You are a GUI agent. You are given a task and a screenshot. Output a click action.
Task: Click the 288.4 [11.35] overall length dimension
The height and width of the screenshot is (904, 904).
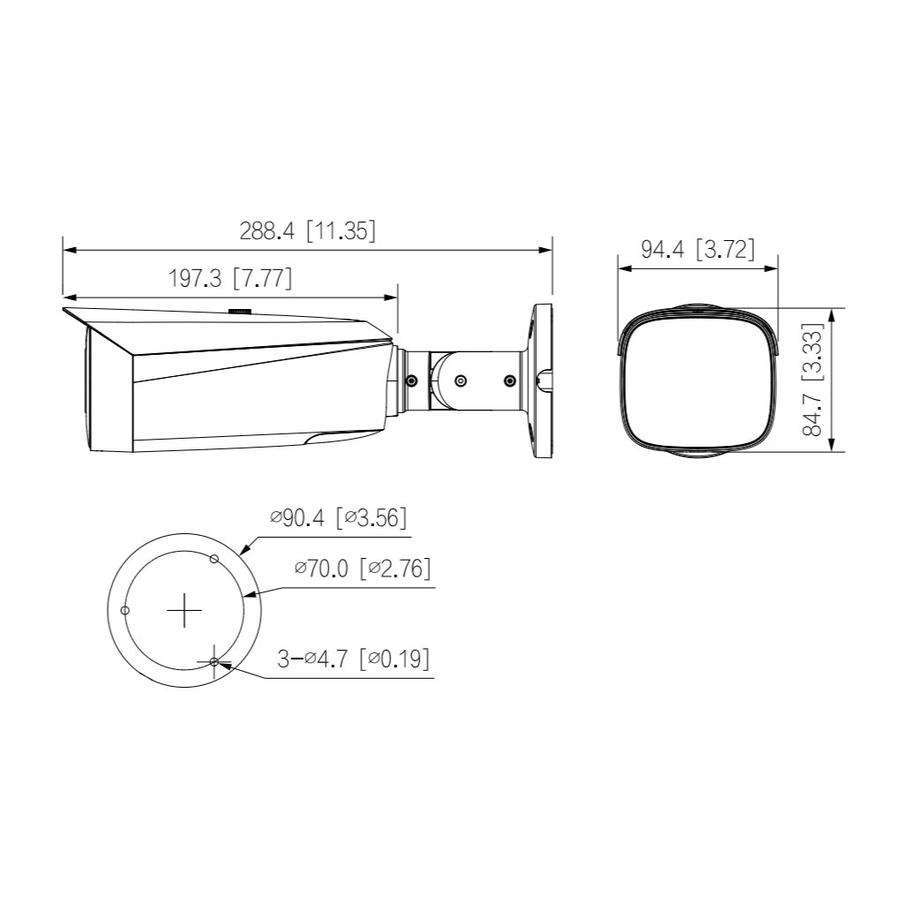coord(307,231)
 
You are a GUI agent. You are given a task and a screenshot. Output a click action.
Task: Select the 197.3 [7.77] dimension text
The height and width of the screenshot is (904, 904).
coord(230,279)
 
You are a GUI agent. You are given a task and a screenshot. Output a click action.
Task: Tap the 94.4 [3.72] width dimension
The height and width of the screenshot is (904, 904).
coord(697,250)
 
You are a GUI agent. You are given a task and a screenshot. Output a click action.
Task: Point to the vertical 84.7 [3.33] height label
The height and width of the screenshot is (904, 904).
coord(813,380)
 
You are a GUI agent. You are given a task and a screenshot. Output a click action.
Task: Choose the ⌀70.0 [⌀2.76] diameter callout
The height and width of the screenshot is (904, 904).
coord(363,569)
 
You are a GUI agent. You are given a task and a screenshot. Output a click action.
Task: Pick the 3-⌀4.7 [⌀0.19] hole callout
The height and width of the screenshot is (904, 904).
coord(353,659)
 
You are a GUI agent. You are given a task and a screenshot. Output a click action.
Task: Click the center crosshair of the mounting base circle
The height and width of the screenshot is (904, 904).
coord(185,610)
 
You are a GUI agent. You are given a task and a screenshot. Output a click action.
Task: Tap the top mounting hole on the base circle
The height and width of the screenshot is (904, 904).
coord(213,558)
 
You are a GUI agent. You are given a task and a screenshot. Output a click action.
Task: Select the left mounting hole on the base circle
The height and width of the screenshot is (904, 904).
coord(125,610)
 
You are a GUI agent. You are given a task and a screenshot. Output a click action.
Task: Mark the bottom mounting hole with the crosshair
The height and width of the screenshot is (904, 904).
coord(215,661)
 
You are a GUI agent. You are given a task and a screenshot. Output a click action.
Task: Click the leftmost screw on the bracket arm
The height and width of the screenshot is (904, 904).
coord(411,380)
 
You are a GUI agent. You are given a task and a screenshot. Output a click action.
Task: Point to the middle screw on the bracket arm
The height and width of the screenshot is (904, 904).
coord(460,380)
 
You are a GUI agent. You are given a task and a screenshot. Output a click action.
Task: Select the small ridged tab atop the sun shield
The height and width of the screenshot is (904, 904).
coord(239,311)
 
